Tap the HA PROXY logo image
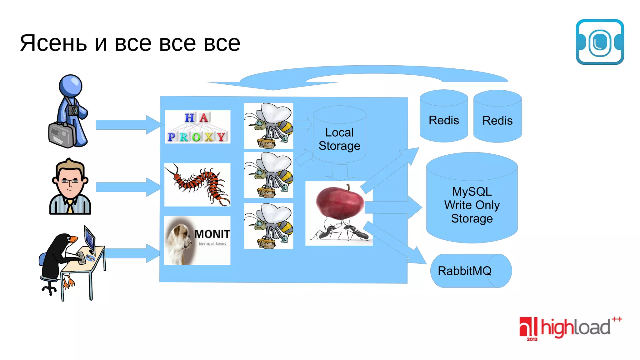pyautogui.click(x=197, y=127)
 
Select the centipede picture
pyautogui.click(x=197, y=185)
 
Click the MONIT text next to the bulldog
pyautogui.click(x=212, y=234)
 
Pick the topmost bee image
pyautogui.click(x=268, y=126)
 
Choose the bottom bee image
pyautogui.click(x=268, y=226)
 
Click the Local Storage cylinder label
pyautogui.click(x=339, y=139)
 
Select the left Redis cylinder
pyautogui.click(x=444, y=120)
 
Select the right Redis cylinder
pyautogui.click(x=497, y=121)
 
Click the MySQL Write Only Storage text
pyautogui.click(x=472, y=205)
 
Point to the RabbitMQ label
pyautogui.click(x=465, y=271)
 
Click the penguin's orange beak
pyautogui.click(x=73, y=239)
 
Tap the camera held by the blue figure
pyautogui.click(x=74, y=111)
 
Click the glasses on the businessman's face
pyautogui.click(x=70, y=181)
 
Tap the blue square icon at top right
pyautogui.click(x=600, y=42)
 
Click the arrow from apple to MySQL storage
pyautogui.click(x=394, y=207)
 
